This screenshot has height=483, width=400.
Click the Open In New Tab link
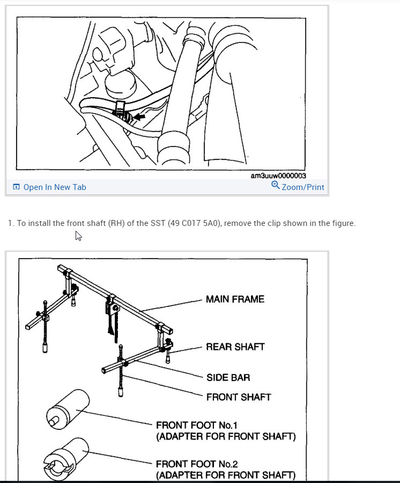click(54, 187)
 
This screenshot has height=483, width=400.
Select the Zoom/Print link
click(303, 187)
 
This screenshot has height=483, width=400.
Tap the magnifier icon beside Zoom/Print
click(276, 186)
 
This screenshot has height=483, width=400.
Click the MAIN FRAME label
click(235, 299)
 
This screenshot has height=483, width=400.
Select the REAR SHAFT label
click(235, 347)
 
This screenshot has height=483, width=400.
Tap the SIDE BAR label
click(228, 378)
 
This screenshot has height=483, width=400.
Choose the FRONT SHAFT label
click(239, 397)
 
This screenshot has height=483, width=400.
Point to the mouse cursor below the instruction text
click(78, 236)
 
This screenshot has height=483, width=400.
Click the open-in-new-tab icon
click(16, 187)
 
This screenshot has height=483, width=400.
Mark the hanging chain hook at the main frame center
click(113, 322)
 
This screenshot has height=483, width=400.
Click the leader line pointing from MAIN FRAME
click(172, 305)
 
